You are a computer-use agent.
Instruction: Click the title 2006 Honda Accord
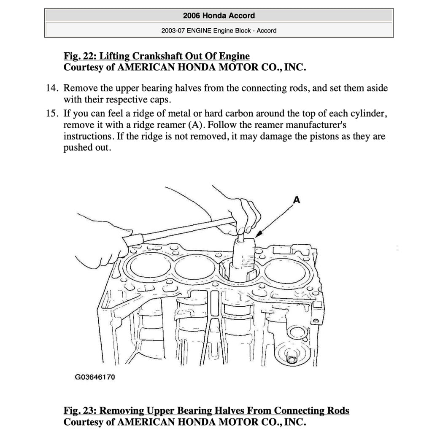coord(219,16)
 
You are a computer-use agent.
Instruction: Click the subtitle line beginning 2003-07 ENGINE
coord(219,30)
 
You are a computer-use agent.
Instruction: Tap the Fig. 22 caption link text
coord(156,56)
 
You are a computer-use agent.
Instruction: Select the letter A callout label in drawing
coord(297,201)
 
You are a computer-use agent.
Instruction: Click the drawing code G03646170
coord(95,377)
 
